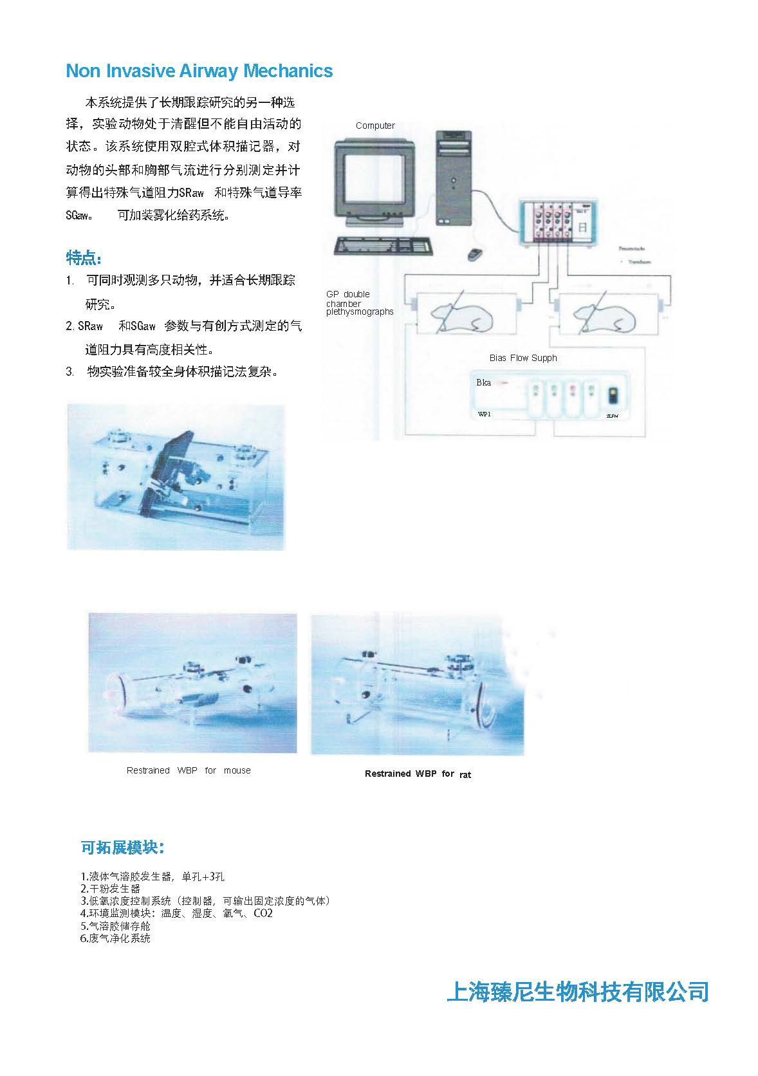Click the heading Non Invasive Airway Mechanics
tap(199, 71)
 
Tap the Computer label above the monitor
tap(375, 125)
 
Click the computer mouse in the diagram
tap(476, 254)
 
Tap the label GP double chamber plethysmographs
tap(359, 303)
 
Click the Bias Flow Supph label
tap(522, 358)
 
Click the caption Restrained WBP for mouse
tap(189, 770)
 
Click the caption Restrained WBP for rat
tap(418, 774)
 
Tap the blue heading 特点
tap(84, 259)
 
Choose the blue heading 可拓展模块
tap(123, 848)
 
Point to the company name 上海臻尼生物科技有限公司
tap(577, 992)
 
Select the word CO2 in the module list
tap(263, 913)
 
